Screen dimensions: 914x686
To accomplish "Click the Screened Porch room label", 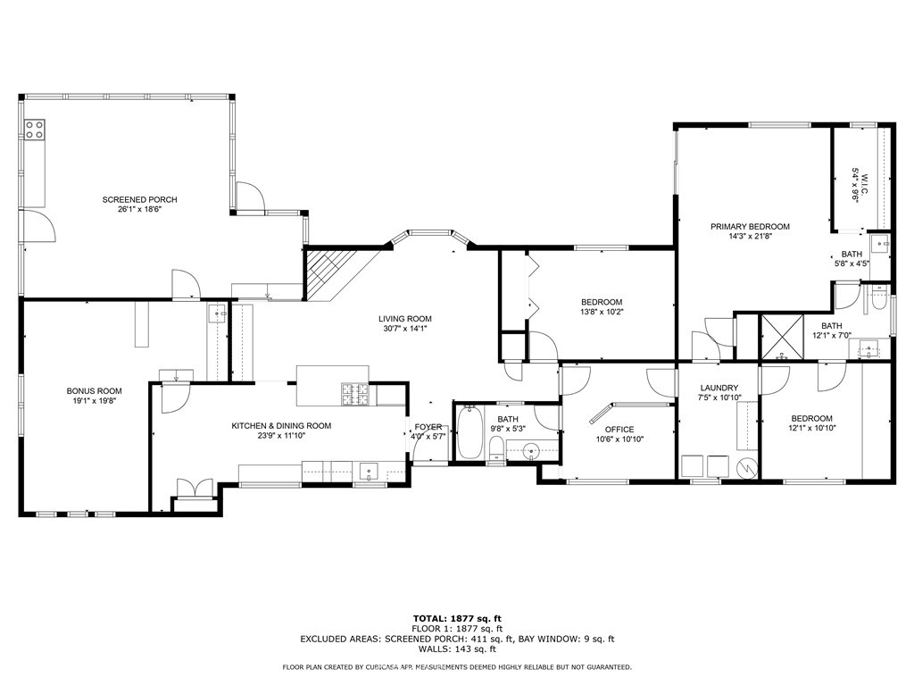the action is (x=140, y=199).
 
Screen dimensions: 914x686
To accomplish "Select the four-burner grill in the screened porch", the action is (x=35, y=130).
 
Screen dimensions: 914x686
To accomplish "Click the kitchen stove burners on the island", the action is (x=355, y=394).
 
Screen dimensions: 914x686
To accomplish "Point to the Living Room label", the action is (x=405, y=319).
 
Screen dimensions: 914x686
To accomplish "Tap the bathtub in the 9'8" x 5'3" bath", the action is (x=469, y=433).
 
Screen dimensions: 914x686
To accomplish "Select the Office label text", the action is (x=619, y=430).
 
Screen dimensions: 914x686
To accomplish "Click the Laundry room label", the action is (x=719, y=388).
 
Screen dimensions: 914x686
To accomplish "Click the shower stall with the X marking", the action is (x=782, y=336).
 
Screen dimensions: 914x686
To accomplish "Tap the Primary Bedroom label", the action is (x=750, y=226).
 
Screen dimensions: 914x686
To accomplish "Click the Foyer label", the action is (x=428, y=427).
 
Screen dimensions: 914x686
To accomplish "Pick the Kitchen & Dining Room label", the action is (x=281, y=426).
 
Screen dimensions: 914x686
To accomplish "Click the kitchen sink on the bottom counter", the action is (x=369, y=471).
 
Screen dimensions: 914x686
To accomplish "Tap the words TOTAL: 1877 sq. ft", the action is (x=457, y=618).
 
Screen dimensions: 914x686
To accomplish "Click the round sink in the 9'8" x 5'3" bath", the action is (x=531, y=450).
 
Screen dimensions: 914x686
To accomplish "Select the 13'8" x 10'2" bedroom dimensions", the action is (x=602, y=312).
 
